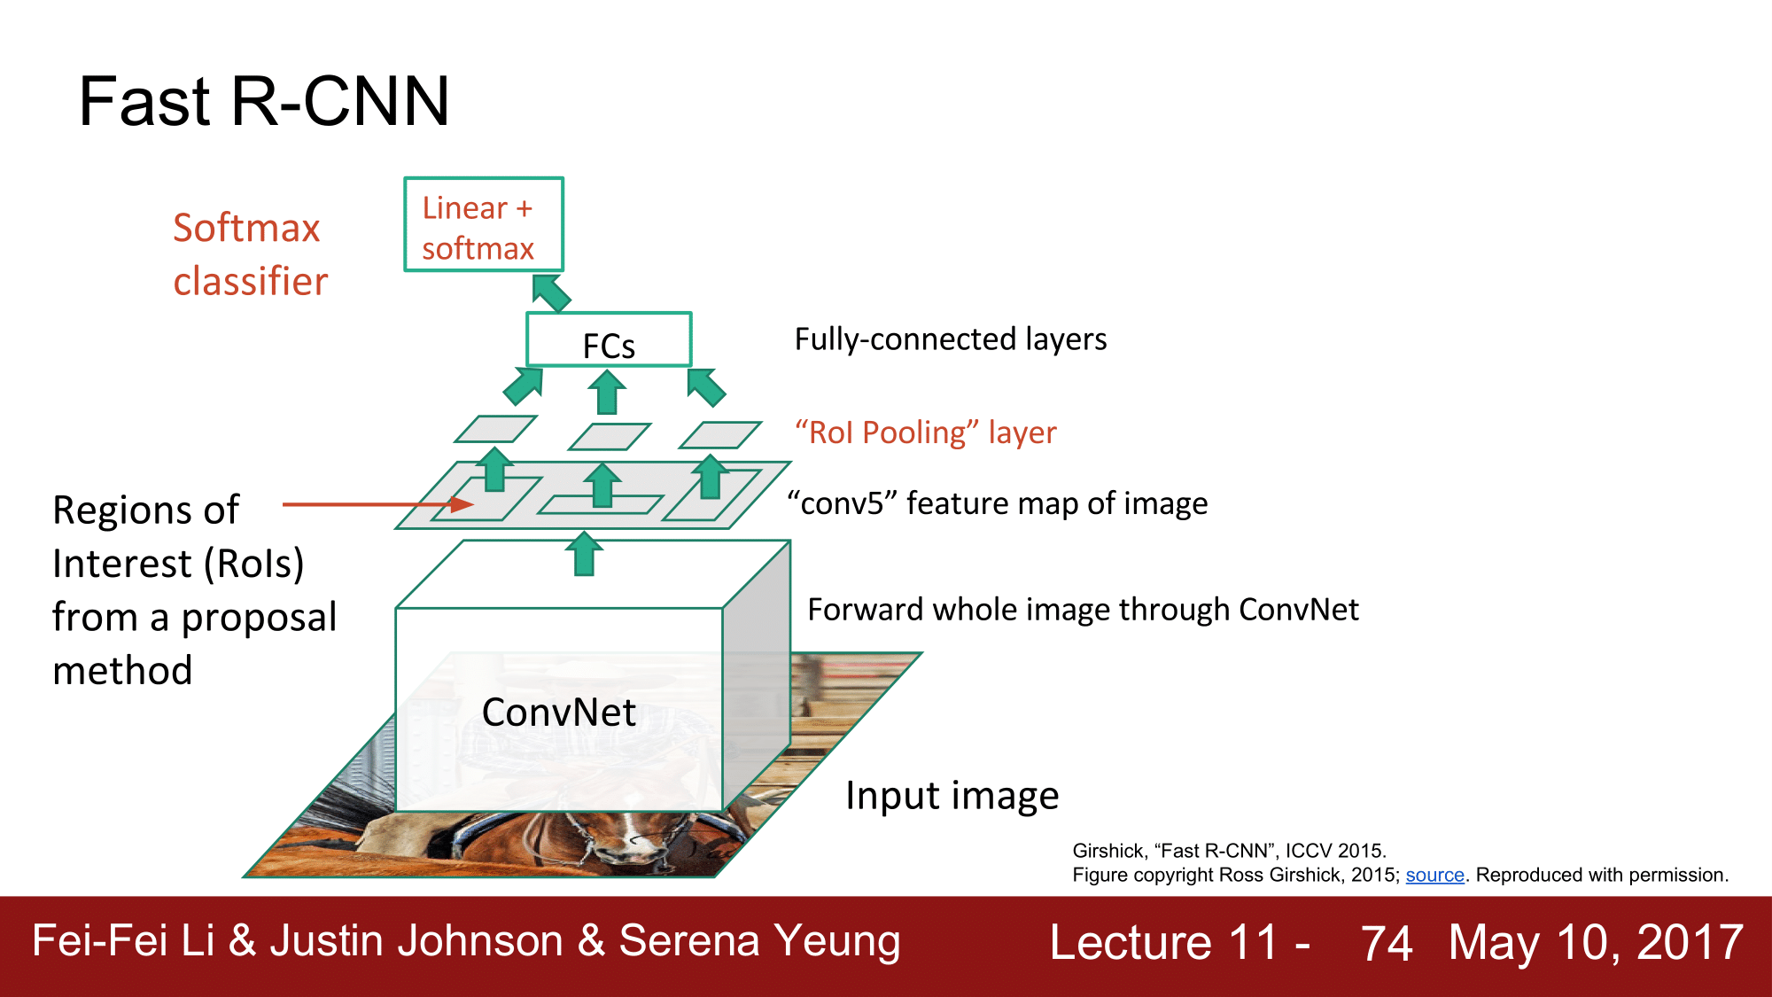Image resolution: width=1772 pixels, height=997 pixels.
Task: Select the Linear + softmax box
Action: pos(484,225)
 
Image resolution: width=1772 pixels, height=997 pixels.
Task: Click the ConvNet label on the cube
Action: pos(559,713)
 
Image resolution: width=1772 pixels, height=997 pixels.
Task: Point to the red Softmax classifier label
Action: pos(249,254)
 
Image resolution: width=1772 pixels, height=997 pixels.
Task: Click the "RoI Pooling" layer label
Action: pos(925,432)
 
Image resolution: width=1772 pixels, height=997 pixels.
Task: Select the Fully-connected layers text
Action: pos(950,339)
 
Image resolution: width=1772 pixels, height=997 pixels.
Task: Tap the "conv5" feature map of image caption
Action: pos(998,503)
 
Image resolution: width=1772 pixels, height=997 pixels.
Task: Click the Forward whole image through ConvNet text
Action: pos(1083,610)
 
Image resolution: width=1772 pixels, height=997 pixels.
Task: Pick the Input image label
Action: pos(952,796)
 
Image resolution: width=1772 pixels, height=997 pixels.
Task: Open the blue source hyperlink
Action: pos(1434,876)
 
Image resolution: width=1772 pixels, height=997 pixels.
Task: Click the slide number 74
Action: pos(1386,943)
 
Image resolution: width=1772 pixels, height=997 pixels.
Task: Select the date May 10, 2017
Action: pos(1596,942)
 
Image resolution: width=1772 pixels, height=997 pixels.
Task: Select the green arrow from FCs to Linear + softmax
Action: pos(551,293)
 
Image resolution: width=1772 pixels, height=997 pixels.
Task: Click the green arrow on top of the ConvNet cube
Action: pos(584,554)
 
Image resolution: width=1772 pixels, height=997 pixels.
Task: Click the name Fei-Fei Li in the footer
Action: pos(123,940)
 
